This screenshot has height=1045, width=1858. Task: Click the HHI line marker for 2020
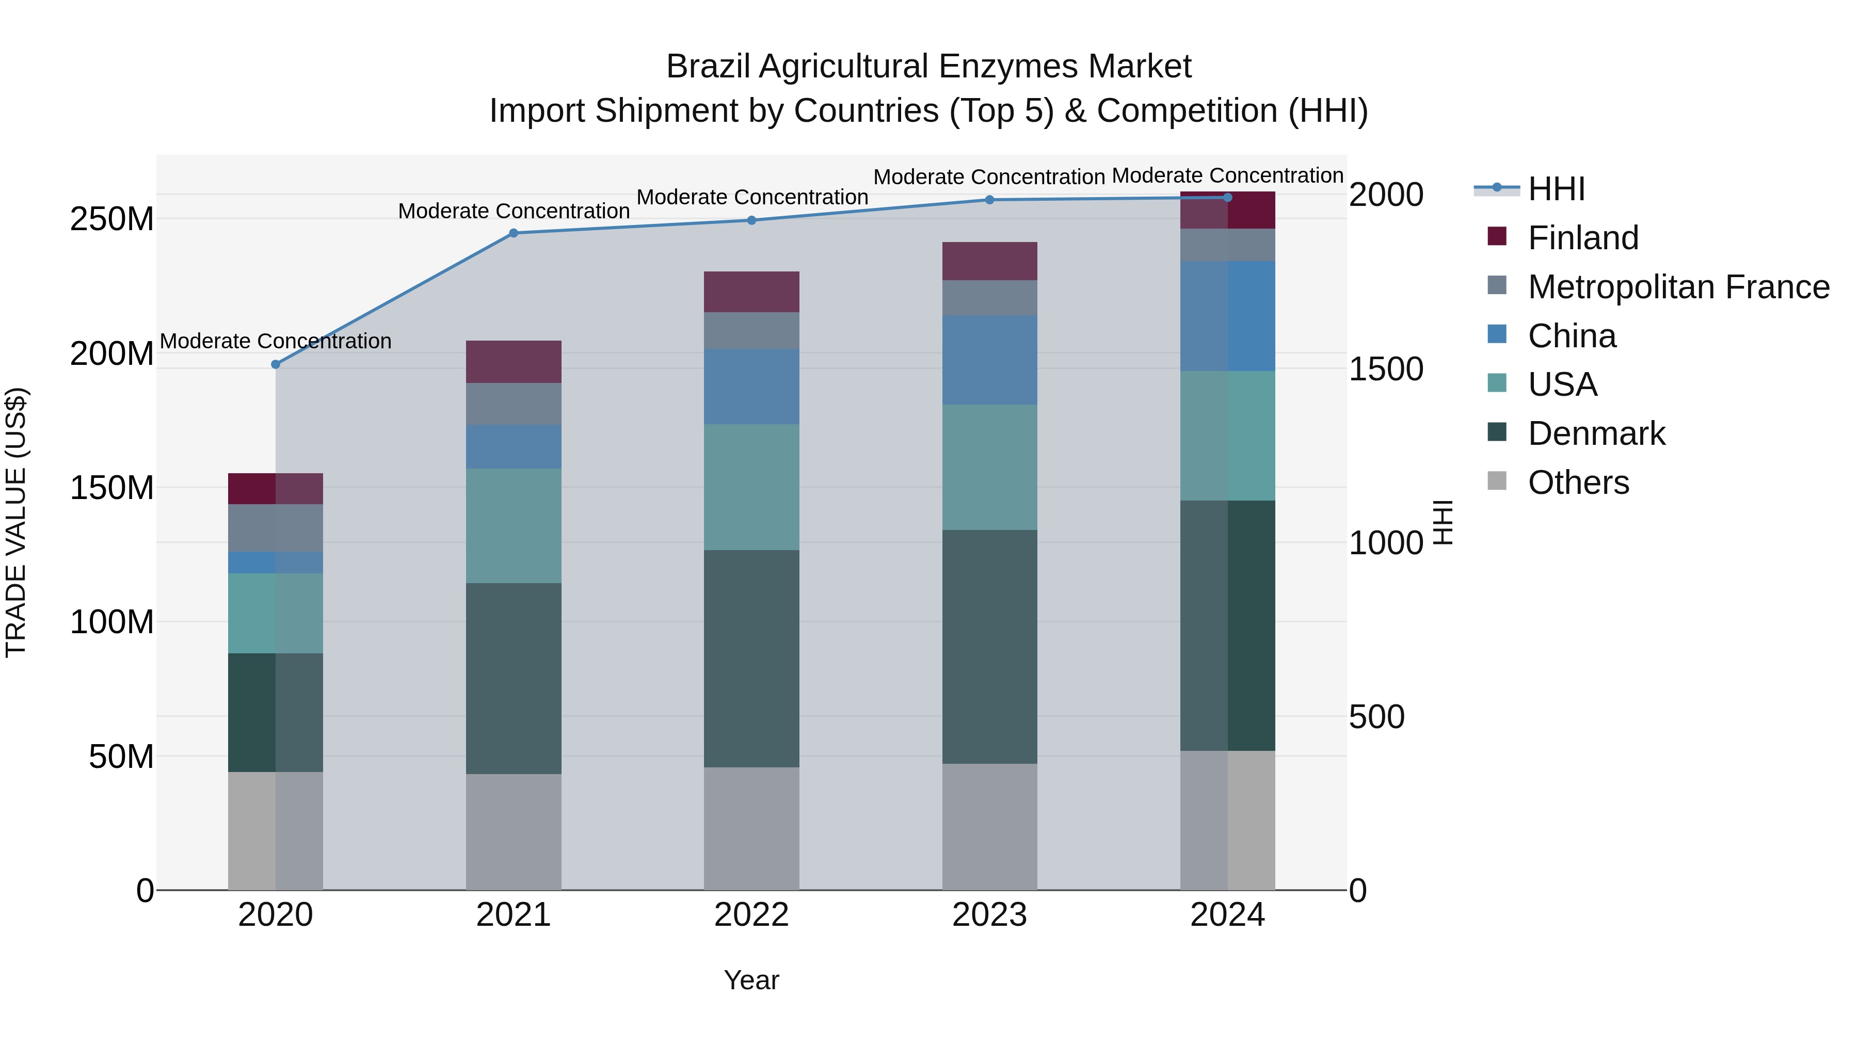276,364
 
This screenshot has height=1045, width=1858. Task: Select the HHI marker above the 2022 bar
751,220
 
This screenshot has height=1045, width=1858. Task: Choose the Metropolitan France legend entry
1678,287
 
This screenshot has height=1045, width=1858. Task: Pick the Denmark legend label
1596,433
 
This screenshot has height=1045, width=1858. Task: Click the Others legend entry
1578,483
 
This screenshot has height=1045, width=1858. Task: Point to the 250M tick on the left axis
112,218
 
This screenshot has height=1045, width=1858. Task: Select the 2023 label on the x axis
989,915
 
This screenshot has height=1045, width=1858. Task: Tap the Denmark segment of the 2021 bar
514,678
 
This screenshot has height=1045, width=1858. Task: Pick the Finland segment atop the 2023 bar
989,261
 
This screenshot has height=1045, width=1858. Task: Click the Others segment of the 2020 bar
276,831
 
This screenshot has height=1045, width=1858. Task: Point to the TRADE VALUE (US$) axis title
16,522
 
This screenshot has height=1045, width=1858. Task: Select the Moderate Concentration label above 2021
514,211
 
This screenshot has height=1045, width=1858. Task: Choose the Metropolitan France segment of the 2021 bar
514,404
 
